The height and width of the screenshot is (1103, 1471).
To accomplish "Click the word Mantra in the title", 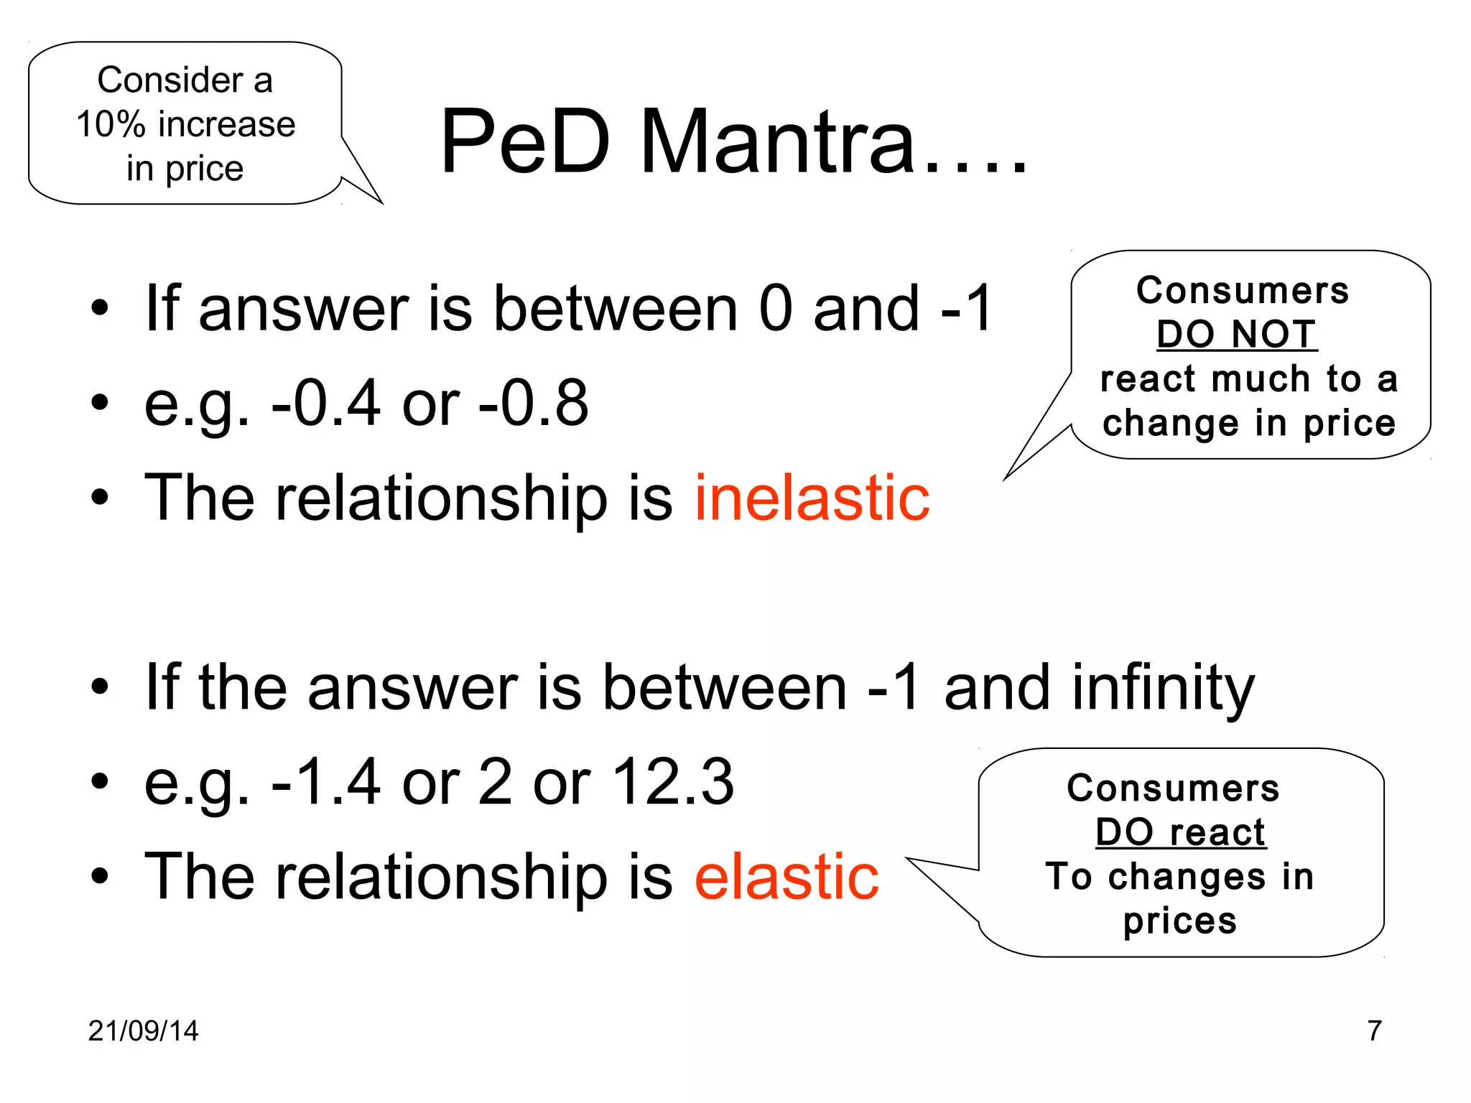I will click(777, 141).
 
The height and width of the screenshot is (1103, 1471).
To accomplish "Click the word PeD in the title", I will click(525, 141).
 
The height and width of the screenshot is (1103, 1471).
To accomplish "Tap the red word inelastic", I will click(812, 498).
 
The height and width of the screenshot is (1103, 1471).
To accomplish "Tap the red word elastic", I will click(786, 876).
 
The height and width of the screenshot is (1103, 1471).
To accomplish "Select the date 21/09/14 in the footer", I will click(143, 1030).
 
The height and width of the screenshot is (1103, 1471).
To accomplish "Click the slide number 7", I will click(1374, 1030).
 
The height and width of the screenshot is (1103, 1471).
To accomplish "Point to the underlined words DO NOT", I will click(1237, 335).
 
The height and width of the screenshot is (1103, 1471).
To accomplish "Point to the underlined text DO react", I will click(1180, 833).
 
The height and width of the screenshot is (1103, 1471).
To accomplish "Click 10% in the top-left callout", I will click(111, 124).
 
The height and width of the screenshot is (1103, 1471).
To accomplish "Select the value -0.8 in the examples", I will click(534, 404).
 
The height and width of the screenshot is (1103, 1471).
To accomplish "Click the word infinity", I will click(1163, 688).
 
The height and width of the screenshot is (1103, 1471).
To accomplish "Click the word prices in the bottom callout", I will click(1180, 921).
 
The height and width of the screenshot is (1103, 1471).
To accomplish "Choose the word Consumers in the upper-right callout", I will click(1243, 291).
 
